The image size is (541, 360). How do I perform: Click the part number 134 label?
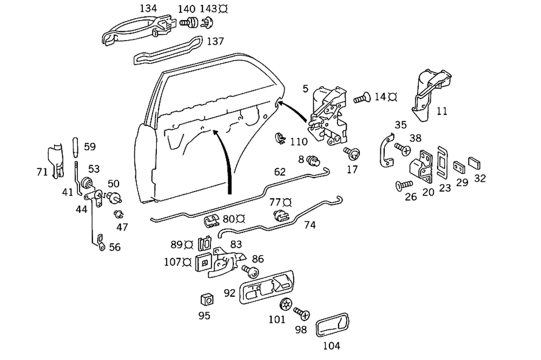tap(148, 9)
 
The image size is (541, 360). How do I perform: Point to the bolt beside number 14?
tap(362, 99)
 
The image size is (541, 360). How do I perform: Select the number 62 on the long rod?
tap(280, 173)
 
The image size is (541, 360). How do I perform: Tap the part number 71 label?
tap(42, 172)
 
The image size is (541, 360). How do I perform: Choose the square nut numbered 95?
tap(206, 299)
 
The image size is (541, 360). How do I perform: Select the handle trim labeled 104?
tap(332, 326)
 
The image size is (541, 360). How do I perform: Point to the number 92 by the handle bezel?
tap(230, 293)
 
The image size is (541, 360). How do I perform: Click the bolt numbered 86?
tap(250, 270)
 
